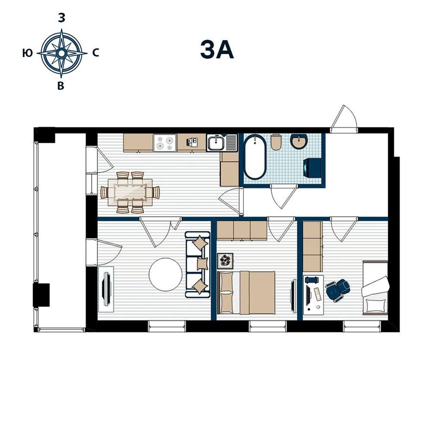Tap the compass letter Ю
point(28,53)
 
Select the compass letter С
point(96,53)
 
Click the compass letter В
point(61,86)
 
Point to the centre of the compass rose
point(61,53)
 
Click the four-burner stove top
point(165,143)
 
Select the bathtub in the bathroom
point(255,157)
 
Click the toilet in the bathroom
point(276,142)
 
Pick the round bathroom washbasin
point(298,141)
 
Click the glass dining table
point(130,192)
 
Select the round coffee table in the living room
point(166,275)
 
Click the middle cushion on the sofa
point(202,264)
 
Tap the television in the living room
point(106,289)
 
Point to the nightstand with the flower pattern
point(225,261)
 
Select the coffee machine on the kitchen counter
point(191,142)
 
